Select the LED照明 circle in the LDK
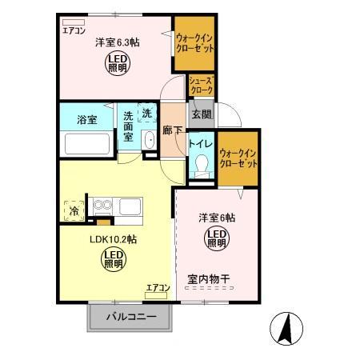click(x=112, y=258)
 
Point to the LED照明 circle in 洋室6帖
click(x=216, y=238)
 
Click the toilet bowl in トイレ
click(x=200, y=166)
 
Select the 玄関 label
click(x=199, y=114)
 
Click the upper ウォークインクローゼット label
click(x=194, y=43)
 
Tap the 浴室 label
click(x=86, y=121)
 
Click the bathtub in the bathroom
click(x=86, y=145)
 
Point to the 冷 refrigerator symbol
click(x=74, y=211)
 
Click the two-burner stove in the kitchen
click(x=102, y=206)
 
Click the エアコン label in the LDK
click(x=157, y=287)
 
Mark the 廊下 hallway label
click(x=172, y=130)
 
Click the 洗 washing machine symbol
click(x=146, y=114)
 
